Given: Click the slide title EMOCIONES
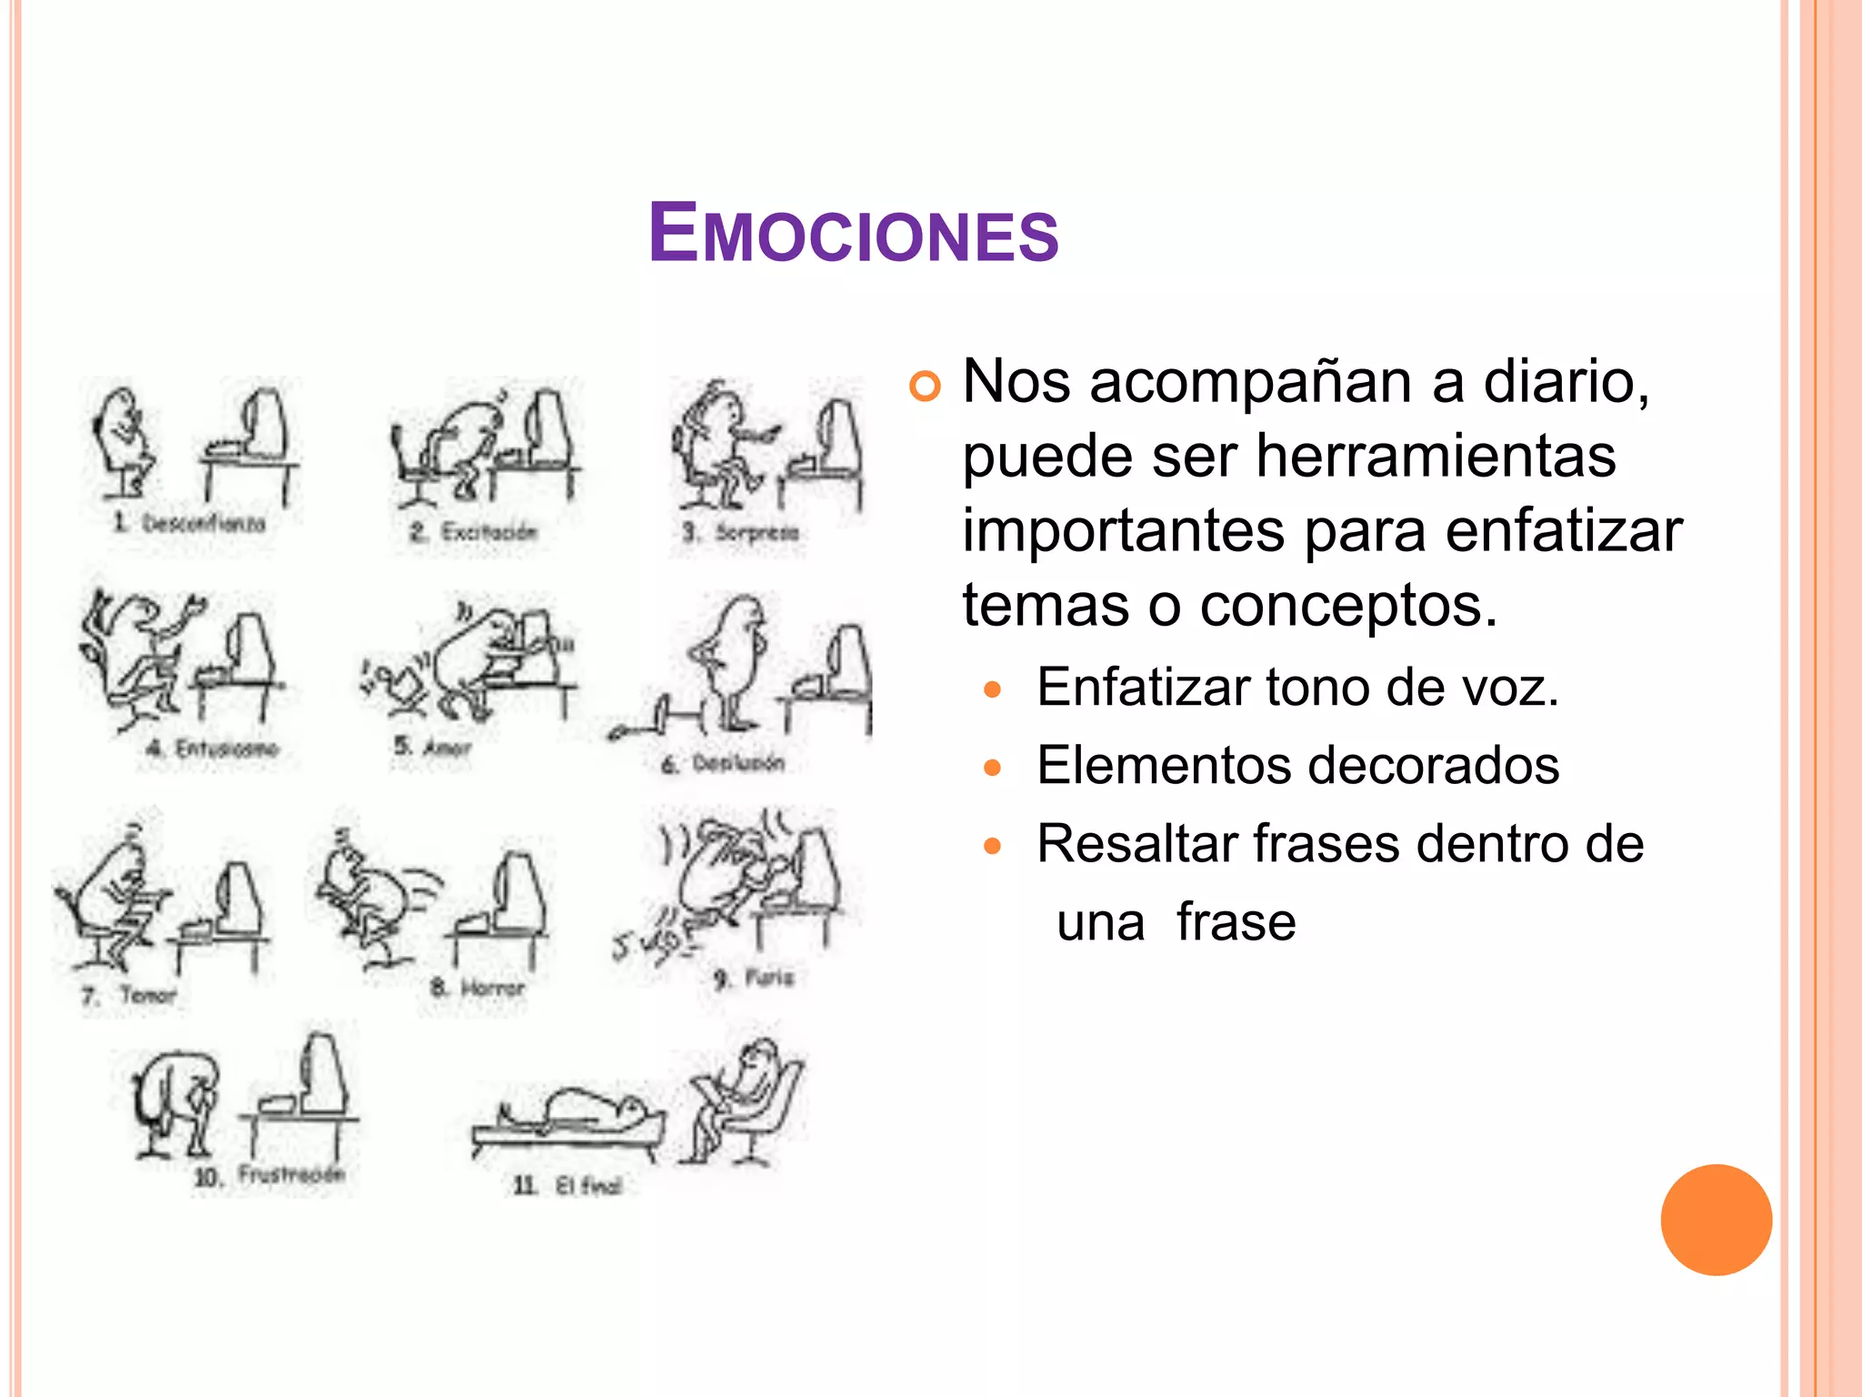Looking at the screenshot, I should (853, 234).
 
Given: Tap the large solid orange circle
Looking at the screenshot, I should (1716, 1220).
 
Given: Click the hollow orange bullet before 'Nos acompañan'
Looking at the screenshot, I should (924, 387).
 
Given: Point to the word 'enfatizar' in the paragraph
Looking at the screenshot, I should (1564, 530).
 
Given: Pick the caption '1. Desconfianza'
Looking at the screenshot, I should (189, 523).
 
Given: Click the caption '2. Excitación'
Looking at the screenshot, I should (474, 531).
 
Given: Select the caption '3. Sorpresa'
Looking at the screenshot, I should (741, 531).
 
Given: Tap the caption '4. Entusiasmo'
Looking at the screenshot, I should (213, 749).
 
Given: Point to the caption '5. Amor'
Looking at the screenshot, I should (433, 747).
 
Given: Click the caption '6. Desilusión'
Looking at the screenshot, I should (723, 763).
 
